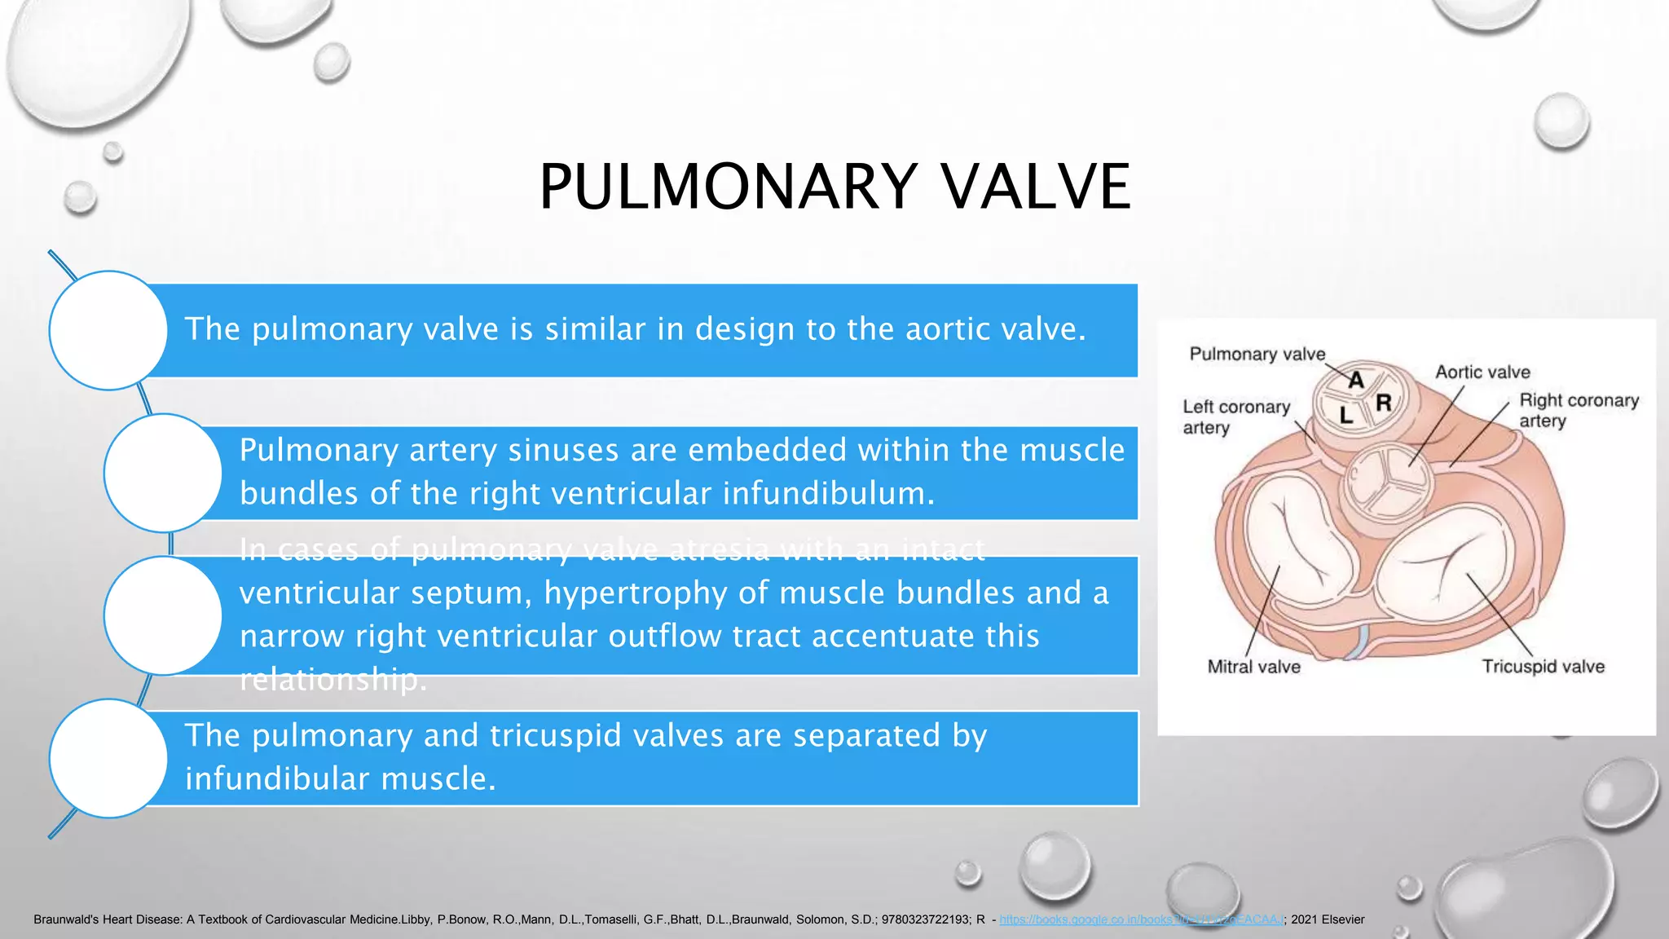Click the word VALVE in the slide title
(1036, 187)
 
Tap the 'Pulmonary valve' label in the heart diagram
(1257, 354)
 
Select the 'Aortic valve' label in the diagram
(1482, 373)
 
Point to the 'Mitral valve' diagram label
(1253, 667)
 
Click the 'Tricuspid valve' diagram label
(1543, 667)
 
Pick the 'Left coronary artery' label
(1235, 417)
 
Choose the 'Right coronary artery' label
(1578, 410)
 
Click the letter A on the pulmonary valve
(1356, 380)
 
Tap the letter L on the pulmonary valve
(1346, 416)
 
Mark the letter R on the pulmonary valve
(1383, 403)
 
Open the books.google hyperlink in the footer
(1141, 919)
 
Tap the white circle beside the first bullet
(108, 330)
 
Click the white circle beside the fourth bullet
(108, 758)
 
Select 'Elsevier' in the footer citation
(1342, 919)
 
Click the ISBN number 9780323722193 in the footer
(925, 919)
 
